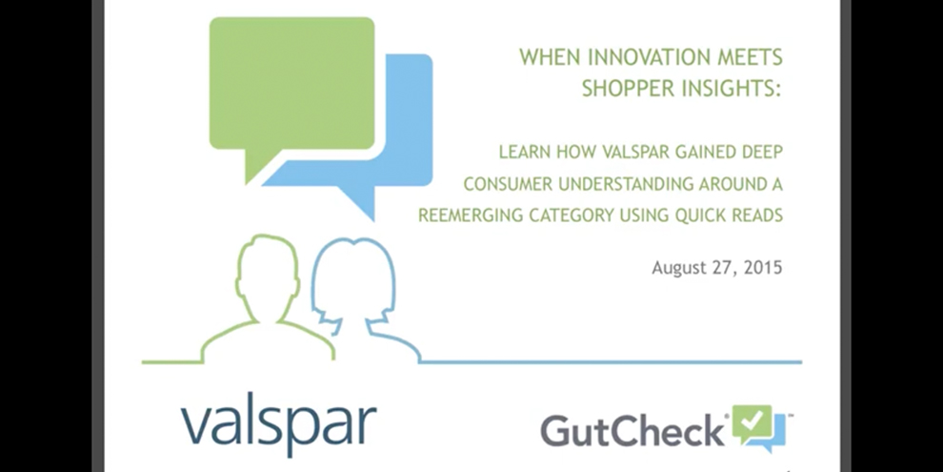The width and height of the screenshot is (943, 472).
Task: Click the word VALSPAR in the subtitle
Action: pos(617,153)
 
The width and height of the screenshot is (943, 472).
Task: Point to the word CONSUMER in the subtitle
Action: pos(508,184)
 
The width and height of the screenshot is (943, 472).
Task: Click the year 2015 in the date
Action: pos(763,268)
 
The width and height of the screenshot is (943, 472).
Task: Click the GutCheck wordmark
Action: pos(632,429)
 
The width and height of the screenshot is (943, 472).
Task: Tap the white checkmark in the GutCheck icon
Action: pos(752,419)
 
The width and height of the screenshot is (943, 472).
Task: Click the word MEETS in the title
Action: pos(754,57)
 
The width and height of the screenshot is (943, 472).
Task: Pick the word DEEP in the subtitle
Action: pos(761,153)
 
